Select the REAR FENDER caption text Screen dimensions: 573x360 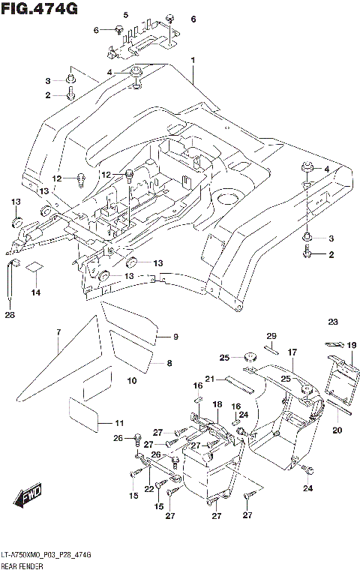click(24, 565)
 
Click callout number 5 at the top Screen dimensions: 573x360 click(125, 15)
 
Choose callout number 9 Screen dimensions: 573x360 click(175, 336)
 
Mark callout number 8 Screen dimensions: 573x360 click(169, 363)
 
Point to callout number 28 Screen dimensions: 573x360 click(9, 315)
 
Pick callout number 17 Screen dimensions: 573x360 click(292, 351)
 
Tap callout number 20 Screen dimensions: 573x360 click(337, 430)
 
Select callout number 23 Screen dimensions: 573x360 click(333, 322)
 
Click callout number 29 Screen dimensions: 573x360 click(271, 335)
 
